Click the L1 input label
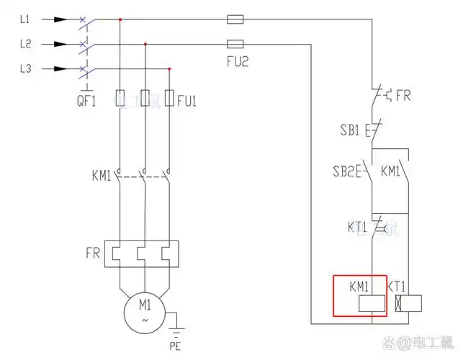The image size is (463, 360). [x=25, y=19]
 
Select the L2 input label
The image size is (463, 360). [x=25, y=44]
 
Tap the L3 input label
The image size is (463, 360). [x=25, y=69]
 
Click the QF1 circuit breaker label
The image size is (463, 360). [x=86, y=102]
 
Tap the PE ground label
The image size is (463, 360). [x=175, y=346]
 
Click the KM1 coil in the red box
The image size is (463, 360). [x=368, y=304]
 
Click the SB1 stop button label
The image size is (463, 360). [x=351, y=132]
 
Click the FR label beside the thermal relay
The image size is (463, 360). [x=93, y=253]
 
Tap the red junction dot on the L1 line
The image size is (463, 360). [x=120, y=19]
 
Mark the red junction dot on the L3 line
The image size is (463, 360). [x=169, y=69]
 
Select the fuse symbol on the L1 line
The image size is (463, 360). [x=235, y=19]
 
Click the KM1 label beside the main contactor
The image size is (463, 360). [x=102, y=175]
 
